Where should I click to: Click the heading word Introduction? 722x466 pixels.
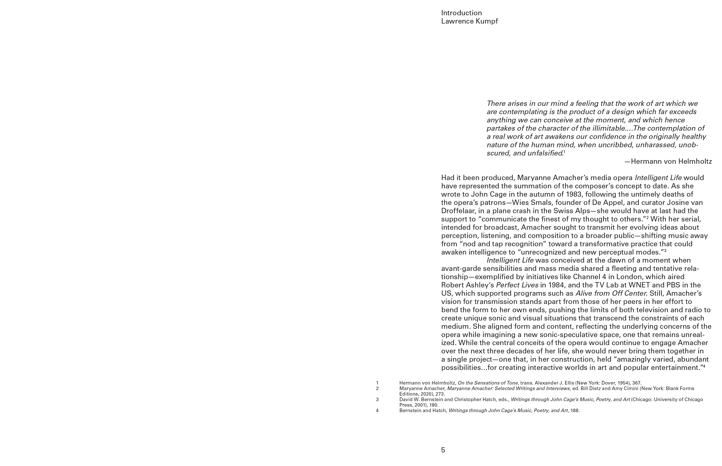[x=461, y=13]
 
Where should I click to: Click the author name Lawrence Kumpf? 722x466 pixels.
[x=469, y=21]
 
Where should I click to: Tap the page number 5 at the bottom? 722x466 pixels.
[x=443, y=450]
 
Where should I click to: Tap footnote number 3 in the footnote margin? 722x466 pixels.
[x=377, y=399]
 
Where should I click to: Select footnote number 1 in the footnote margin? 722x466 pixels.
[x=377, y=383]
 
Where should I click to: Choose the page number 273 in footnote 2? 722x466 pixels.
[x=440, y=394]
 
